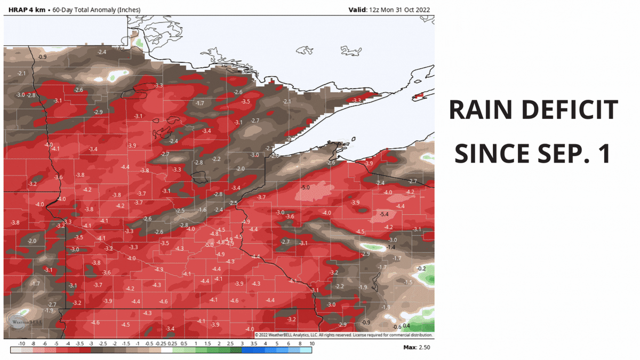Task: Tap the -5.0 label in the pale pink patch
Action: tap(306, 187)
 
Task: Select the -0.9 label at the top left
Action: tap(42, 57)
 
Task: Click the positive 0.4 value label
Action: tap(406, 326)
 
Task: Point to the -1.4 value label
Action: tap(390, 247)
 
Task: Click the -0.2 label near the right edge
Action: tap(421, 268)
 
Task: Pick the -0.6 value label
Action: tap(396, 327)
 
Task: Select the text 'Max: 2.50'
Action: tap(417, 347)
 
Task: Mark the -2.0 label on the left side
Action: tap(32, 242)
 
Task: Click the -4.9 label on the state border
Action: tap(246, 222)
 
